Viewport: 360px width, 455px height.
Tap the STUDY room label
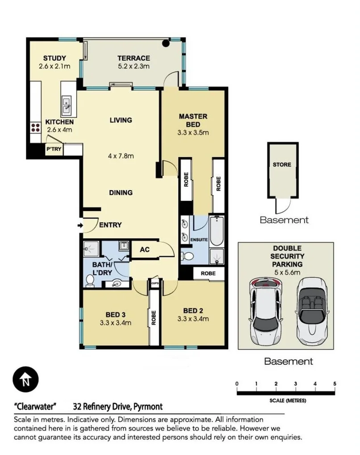[x=54, y=58]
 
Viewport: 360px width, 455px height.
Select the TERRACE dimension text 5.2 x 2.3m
[x=133, y=66]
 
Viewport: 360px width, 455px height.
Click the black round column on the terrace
[x=166, y=43]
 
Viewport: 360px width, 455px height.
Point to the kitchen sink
[x=66, y=105]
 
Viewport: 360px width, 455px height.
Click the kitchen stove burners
[x=34, y=128]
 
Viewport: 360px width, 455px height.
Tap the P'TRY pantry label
[x=54, y=149]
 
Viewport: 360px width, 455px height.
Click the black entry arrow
[x=80, y=225]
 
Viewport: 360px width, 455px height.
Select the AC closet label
[x=145, y=250]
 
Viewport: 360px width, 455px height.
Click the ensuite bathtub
[x=216, y=230]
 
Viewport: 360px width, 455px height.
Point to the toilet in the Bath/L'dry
[x=90, y=280]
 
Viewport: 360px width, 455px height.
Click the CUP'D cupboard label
[x=155, y=283]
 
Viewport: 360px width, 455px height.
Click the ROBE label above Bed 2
[x=208, y=273]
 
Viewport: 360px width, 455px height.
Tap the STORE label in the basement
[x=281, y=164]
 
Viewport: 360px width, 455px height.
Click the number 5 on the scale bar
[x=334, y=384]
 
